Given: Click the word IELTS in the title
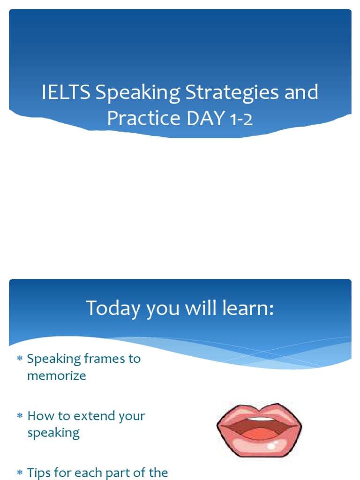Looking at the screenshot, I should click(66, 93).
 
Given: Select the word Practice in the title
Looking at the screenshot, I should click(143, 118).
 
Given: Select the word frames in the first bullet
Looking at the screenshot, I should click(100, 359).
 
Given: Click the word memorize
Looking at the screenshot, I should click(57, 376).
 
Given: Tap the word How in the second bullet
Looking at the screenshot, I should click(39, 416).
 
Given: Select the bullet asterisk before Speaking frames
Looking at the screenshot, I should click(20, 360).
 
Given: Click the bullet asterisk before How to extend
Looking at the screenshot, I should click(20, 417).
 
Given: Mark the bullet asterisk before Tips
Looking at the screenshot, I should click(20, 473).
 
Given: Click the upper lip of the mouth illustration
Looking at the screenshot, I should click(259, 412).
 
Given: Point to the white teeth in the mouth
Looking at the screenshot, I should click(259, 420).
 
